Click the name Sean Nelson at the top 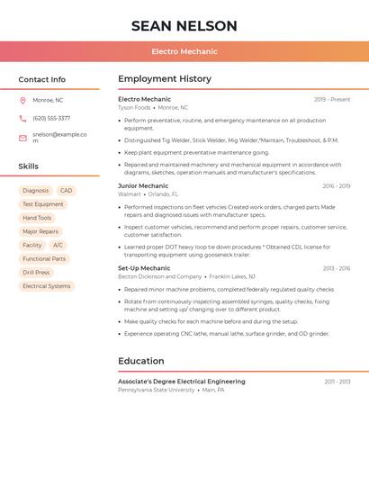click(x=184, y=26)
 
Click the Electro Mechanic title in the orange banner click(x=184, y=52)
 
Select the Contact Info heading click(x=42, y=79)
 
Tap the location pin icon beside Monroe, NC click(x=22, y=100)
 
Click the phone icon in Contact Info click(x=22, y=118)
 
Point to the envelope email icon click(x=22, y=138)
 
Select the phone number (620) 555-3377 click(x=51, y=118)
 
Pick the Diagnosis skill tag click(x=36, y=191)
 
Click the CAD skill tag click(x=67, y=191)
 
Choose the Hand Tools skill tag click(x=37, y=218)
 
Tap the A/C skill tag click(x=58, y=245)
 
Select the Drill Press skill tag click(x=36, y=272)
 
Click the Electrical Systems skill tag click(x=46, y=286)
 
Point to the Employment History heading click(x=165, y=79)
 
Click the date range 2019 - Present click(x=332, y=99)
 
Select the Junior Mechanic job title click(x=143, y=185)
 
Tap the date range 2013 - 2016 click(x=337, y=268)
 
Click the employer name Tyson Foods click(x=134, y=108)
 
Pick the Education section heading click(x=141, y=361)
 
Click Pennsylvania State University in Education click(x=156, y=390)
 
